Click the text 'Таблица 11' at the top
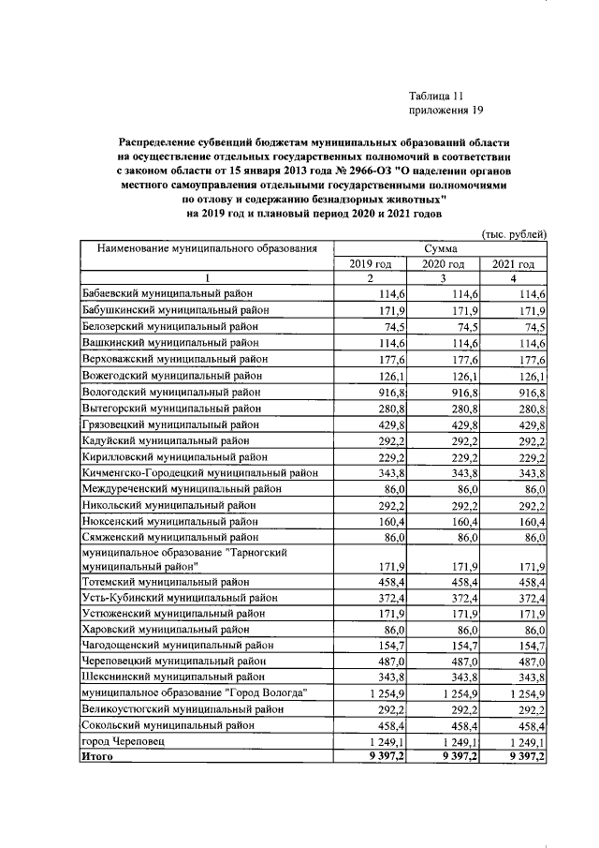(436, 96)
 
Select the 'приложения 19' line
(446, 111)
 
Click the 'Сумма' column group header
(440, 249)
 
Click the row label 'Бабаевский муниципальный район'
(168, 295)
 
